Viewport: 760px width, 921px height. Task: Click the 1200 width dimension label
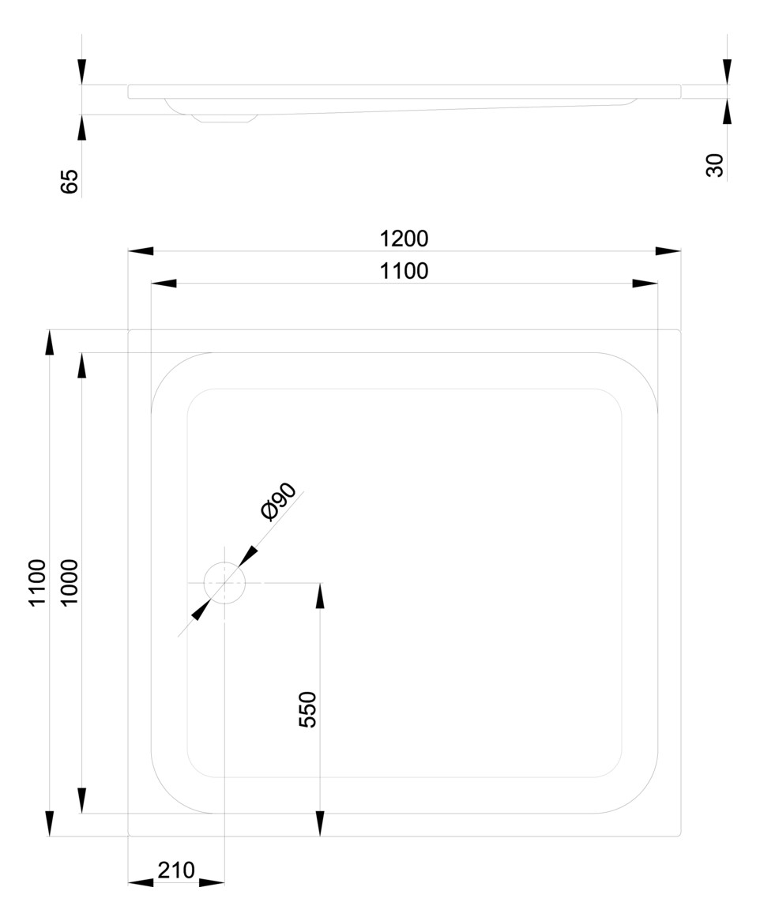click(404, 239)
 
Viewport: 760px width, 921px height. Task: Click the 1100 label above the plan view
click(404, 271)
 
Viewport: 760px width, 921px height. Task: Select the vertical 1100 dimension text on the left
click(37, 583)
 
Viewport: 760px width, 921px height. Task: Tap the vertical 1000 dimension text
click(70, 583)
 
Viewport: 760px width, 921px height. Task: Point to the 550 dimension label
click(307, 709)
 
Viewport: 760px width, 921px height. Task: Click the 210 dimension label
click(175, 870)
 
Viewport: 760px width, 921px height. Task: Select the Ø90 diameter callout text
click(278, 502)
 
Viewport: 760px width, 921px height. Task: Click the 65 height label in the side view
click(69, 182)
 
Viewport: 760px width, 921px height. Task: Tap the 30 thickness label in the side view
click(715, 165)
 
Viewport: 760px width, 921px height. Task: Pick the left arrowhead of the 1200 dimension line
click(141, 251)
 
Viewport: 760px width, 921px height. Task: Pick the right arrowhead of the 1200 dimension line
click(668, 251)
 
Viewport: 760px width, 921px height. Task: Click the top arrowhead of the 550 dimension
click(320, 596)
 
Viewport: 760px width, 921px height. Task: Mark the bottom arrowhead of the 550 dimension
click(320, 824)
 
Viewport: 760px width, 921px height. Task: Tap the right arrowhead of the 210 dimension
click(212, 882)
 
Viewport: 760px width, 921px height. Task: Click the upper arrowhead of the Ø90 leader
click(248, 555)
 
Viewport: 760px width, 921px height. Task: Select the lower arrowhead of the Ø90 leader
click(201, 610)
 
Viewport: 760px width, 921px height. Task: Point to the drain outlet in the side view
click(225, 118)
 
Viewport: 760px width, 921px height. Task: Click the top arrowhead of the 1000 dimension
click(81, 366)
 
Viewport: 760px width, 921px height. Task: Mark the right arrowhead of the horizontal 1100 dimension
click(645, 284)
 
